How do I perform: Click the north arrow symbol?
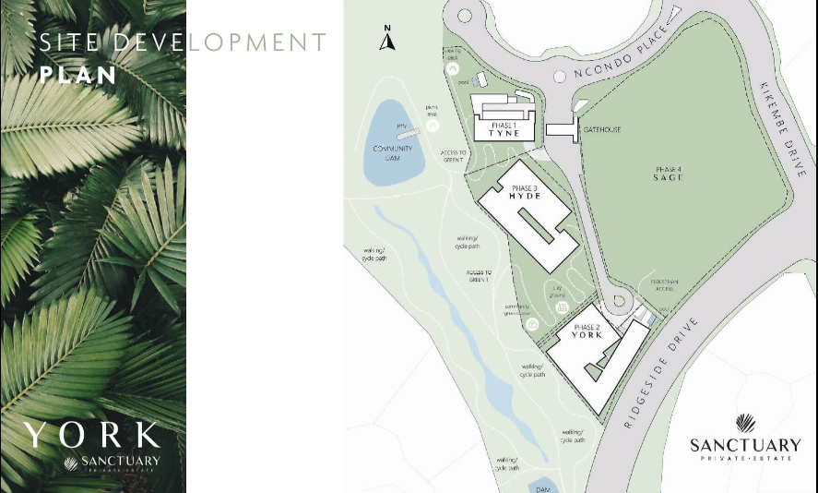(389, 40)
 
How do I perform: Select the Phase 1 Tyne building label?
(504, 129)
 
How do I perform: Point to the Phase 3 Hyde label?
(524, 193)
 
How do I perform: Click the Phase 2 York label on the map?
(587, 331)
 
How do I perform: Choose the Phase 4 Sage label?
(669, 173)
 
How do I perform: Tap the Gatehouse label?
(601, 130)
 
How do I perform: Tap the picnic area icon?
(433, 125)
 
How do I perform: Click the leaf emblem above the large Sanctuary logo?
(746, 424)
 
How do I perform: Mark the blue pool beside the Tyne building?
(476, 82)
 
